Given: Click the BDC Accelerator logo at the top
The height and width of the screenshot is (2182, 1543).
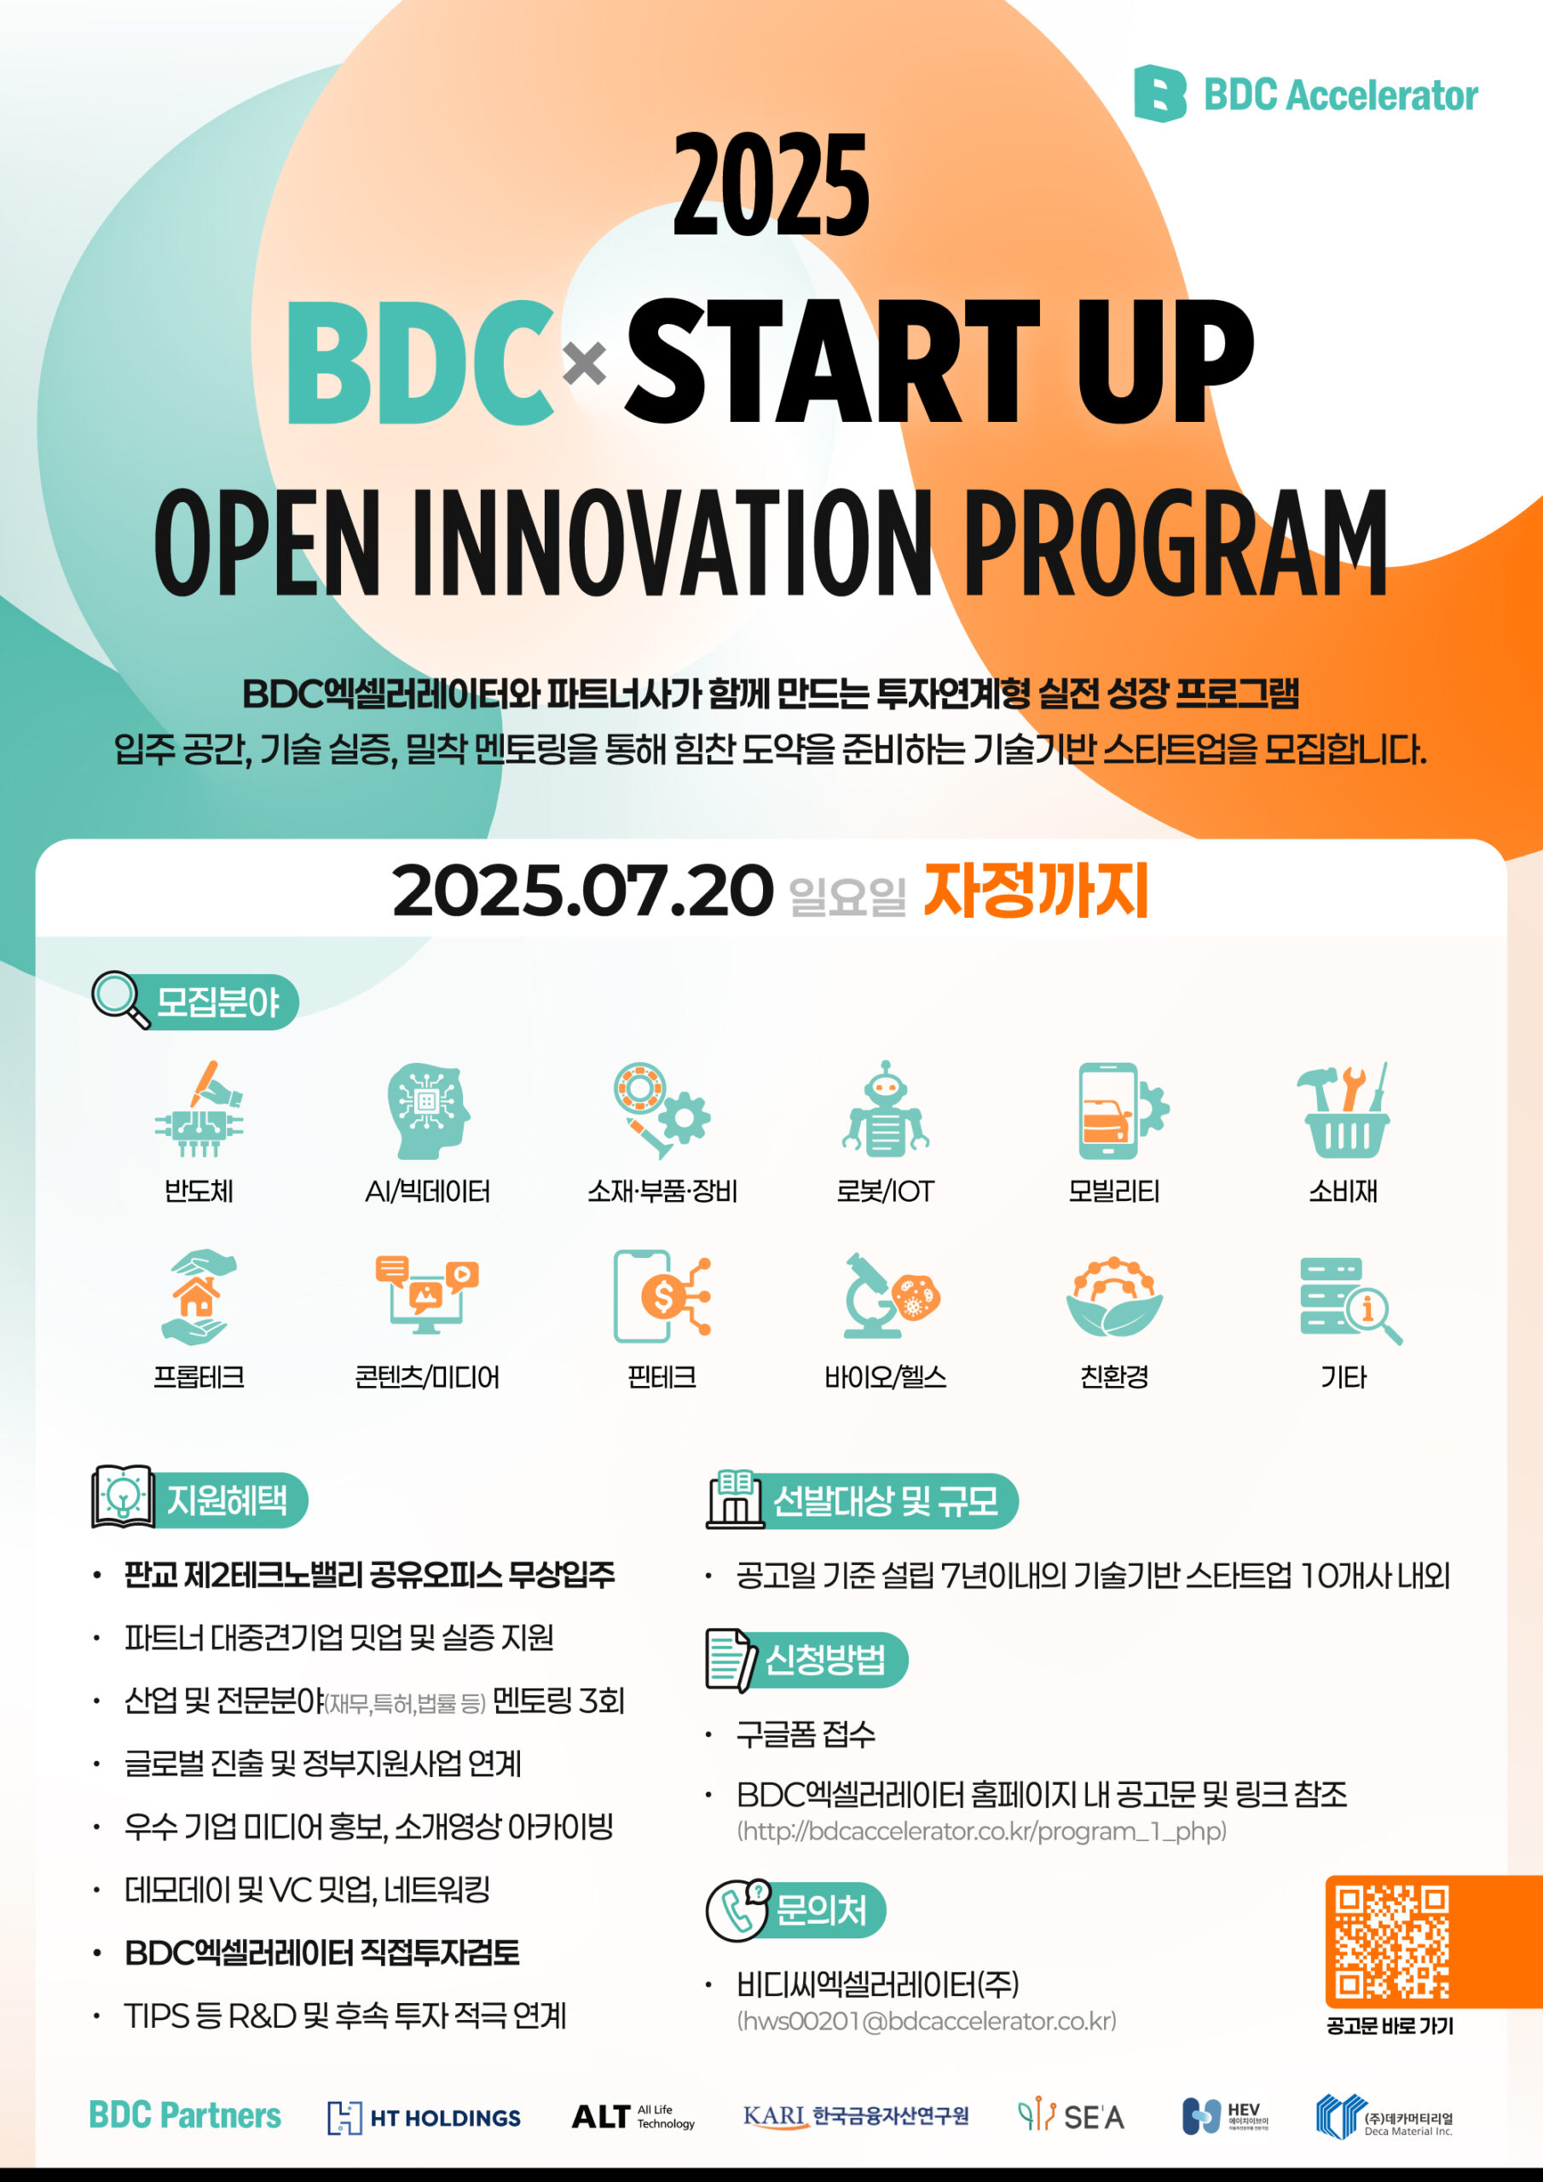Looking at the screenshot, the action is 1305,94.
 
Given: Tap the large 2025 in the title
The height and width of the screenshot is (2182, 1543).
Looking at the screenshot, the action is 771,184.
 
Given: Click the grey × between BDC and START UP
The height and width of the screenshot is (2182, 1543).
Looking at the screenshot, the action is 585,363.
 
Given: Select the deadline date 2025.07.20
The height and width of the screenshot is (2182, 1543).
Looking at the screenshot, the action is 582,892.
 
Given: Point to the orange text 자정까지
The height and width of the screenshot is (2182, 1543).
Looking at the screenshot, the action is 1037,891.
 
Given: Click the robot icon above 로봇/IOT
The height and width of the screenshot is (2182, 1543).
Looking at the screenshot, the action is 885,1109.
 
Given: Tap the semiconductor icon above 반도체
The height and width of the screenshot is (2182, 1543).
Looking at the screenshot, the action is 199,1109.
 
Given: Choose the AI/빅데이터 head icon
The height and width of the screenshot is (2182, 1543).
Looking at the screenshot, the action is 428,1110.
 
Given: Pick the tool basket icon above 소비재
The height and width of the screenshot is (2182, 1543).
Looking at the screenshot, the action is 1343,1109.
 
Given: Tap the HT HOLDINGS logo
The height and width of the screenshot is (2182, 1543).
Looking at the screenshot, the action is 424,2117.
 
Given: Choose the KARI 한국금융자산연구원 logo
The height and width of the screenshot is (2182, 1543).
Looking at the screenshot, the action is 856,2116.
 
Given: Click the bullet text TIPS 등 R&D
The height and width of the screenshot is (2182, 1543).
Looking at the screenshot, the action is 345,2016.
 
